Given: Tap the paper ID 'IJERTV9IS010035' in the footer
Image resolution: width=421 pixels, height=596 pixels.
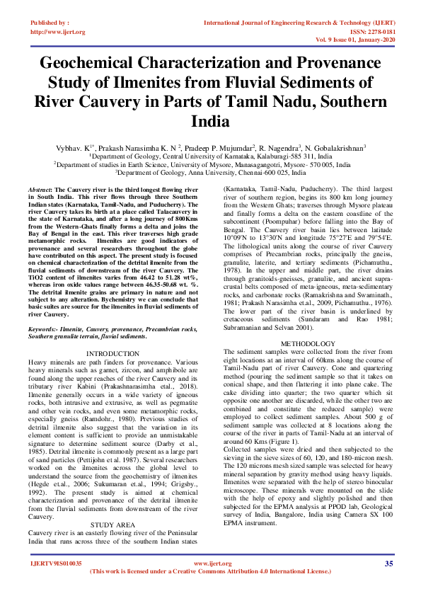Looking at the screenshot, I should (55, 563).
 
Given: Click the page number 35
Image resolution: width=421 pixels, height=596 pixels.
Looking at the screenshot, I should (388, 563).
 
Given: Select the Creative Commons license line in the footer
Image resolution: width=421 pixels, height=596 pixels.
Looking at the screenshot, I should (210, 571).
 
